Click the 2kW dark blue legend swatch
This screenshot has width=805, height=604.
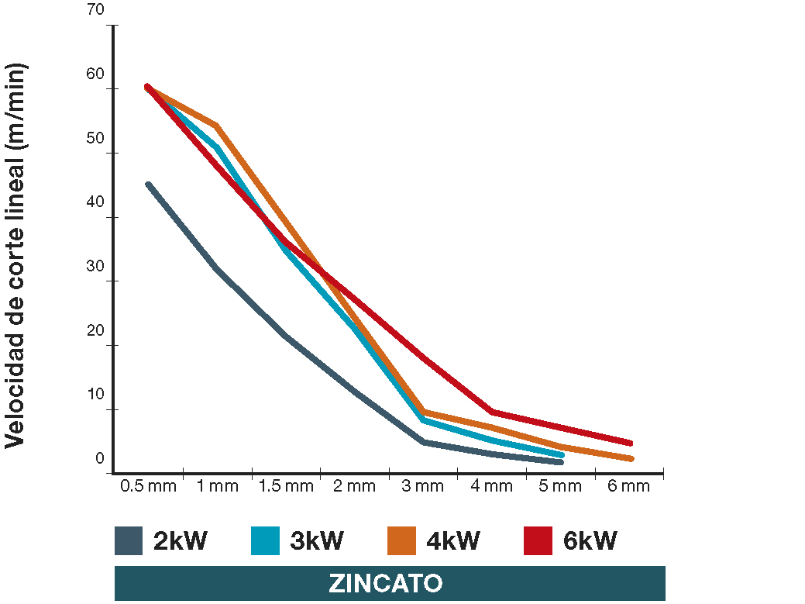(129, 540)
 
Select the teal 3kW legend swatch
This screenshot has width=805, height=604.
(265, 540)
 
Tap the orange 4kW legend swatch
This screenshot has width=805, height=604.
(401, 540)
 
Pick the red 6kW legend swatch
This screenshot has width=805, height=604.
(538, 540)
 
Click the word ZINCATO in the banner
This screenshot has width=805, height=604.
(386, 583)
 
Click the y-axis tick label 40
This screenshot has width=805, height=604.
(95, 202)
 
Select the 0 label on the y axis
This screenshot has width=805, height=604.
(100, 458)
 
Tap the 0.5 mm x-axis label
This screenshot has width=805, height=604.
(149, 487)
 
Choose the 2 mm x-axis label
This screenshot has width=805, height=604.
(354, 487)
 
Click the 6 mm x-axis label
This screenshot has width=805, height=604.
(629, 487)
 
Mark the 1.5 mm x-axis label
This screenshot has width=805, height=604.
(286, 487)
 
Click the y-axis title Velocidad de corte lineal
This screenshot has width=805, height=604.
(15, 256)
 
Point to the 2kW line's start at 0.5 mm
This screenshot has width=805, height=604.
(148, 185)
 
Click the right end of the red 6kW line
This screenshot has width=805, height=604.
(631, 444)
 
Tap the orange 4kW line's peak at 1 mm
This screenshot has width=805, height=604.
(216, 125)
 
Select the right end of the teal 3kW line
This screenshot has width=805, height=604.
(561, 455)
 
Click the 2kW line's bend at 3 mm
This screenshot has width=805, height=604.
(424, 442)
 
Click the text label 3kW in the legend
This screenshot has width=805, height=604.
(317, 540)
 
